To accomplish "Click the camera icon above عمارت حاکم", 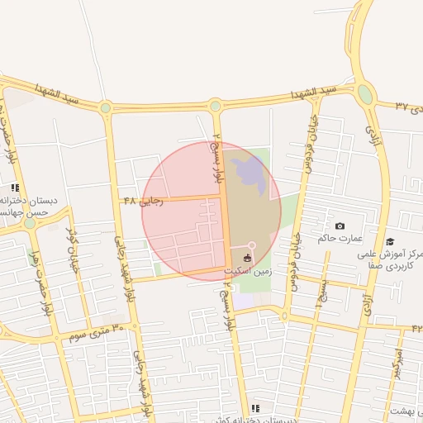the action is pos(340,226).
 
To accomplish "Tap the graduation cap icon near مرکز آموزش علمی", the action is pos(389,241).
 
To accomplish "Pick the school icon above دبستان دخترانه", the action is pos(16,188).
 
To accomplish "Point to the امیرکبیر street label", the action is pos(398,361).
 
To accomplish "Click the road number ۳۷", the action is pos(402,106).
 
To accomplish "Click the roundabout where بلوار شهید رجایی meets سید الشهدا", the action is pos(105,107).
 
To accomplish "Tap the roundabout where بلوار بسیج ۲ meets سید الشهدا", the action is pos(216,105).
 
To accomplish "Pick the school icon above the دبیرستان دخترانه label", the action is pos(255,408).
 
